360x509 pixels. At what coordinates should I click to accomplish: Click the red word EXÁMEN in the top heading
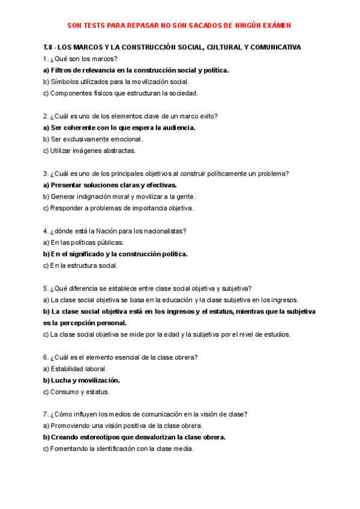point(277,26)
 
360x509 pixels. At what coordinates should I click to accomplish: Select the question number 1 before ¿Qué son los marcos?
point(46,58)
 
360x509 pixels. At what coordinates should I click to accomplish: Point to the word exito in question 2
point(207,116)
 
